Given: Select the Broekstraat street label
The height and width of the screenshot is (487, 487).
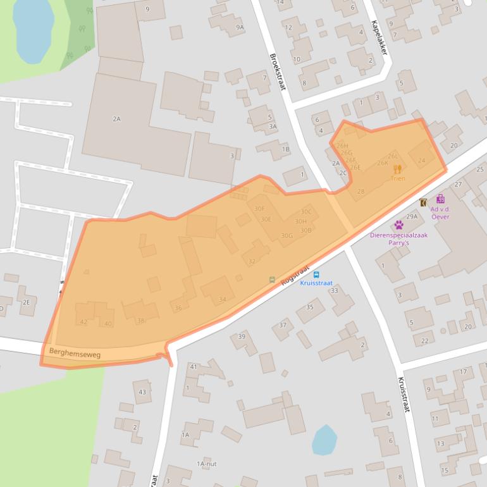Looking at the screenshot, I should (x=278, y=71).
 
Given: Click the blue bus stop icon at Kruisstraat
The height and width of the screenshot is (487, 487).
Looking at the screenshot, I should (x=316, y=275).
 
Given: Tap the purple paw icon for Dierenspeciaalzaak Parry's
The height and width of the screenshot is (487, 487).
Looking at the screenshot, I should (x=399, y=225).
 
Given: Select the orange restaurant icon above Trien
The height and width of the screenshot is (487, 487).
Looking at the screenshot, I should (x=397, y=169).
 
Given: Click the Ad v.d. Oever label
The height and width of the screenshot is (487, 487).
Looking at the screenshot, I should (x=440, y=213).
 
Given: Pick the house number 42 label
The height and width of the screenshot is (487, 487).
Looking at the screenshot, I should (x=83, y=323).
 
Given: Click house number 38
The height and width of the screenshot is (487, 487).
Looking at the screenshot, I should (x=141, y=321).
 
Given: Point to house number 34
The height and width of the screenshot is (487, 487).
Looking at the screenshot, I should (x=222, y=299).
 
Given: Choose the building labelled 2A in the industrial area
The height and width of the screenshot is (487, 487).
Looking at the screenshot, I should (x=116, y=119).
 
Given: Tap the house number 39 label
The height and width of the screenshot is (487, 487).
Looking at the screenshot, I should (x=242, y=336).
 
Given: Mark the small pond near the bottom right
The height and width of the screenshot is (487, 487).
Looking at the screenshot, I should (x=324, y=440).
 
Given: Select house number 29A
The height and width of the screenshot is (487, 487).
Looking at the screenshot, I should (x=412, y=216).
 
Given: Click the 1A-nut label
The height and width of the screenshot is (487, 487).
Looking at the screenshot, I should (x=206, y=464).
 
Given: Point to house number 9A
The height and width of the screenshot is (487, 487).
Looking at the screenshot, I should (x=240, y=27).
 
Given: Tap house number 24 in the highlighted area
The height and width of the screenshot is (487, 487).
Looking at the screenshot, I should (x=422, y=160).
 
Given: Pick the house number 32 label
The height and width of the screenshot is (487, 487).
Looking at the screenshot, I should (x=252, y=261).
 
